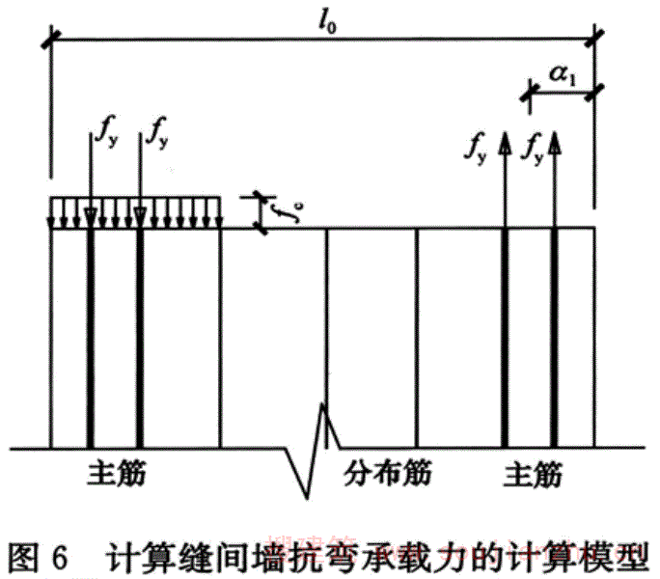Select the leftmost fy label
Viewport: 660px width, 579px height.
pyautogui.click(x=105, y=134)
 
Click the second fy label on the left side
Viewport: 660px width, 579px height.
pyautogui.click(x=154, y=134)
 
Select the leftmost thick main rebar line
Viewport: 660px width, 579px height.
pyautogui.click(x=89, y=338)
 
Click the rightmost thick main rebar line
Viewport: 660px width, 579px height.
pyautogui.click(x=554, y=338)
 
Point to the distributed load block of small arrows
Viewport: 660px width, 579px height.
pyautogui.click(x=135, y=213)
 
